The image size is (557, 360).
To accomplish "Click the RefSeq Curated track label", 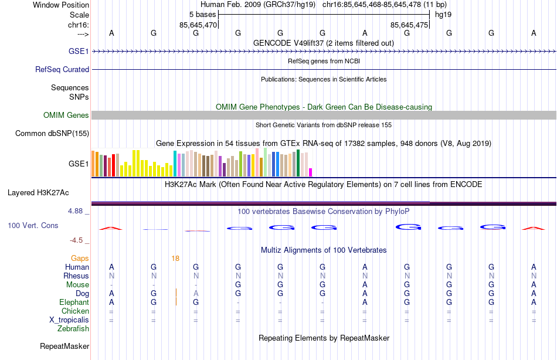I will [62, 69].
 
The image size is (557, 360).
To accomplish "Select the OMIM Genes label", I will [66, 116].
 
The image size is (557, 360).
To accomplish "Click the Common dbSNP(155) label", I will [52, 134].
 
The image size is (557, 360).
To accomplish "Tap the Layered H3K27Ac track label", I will [38, 192].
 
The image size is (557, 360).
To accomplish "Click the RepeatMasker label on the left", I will [64, 347].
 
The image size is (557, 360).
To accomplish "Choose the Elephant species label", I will [74, 303].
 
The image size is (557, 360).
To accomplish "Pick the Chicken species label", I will [75, 311].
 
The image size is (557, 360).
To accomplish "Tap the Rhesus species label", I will [77, 276].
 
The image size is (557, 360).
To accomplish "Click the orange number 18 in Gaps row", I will [175, 258].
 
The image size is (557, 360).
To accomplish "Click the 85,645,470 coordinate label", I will [198, 25].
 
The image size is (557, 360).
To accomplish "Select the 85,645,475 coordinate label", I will [410, 25].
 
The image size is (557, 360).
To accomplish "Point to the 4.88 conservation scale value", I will [79, 210].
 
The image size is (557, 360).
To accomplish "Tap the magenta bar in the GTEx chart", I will [311, 172].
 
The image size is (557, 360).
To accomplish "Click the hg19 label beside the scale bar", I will [443, 13].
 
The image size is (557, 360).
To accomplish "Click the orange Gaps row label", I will [80, 258].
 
